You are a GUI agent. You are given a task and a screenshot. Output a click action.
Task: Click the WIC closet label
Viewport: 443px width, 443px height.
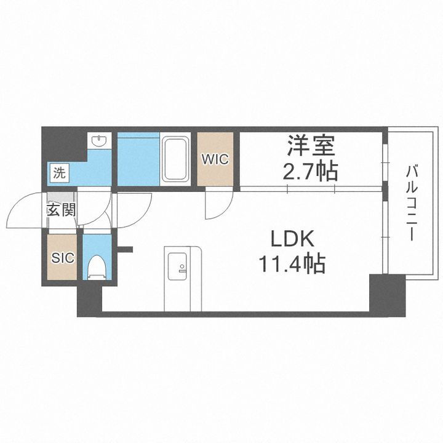[215, 159]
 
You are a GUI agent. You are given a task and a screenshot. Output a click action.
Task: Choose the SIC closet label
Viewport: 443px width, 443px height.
[62, 258]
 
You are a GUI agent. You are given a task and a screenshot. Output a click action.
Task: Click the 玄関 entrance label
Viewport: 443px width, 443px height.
[61, 210]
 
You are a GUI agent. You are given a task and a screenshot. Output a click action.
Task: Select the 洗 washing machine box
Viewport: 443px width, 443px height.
[59, 174]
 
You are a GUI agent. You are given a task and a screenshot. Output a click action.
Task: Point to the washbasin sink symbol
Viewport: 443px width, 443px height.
[98, 142]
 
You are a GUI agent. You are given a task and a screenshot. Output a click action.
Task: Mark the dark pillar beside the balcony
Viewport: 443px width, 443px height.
[386, 295]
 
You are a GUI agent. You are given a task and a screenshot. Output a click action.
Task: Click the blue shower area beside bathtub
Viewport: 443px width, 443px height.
[138, 158]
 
